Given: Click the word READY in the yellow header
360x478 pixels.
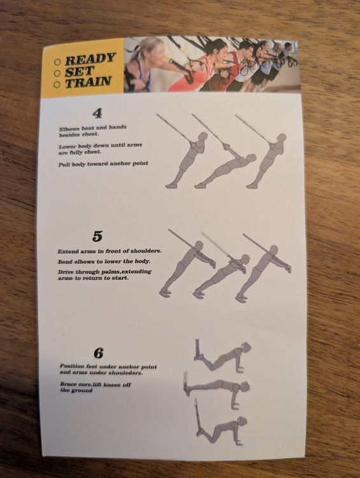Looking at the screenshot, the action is point(90,59).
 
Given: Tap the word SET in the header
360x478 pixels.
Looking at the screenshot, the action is point(79,71).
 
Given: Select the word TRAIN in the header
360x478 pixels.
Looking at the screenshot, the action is point(88,82).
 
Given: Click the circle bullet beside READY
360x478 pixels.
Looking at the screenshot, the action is point(57,62).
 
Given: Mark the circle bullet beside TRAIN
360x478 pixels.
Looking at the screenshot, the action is point(57,85).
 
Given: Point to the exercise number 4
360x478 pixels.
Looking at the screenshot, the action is point(97,113).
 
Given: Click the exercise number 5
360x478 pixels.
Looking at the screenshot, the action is point(97,236).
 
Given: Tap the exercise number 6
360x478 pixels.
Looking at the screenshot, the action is point(99,353).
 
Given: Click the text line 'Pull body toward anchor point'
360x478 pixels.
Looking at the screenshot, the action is point(103,164).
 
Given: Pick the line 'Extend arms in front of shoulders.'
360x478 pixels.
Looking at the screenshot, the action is point(110,251).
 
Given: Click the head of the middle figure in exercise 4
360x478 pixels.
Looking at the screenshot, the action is point(251,159).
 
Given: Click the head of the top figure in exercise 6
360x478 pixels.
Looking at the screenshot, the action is point(246,347).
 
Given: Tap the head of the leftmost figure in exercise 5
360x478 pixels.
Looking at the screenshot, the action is point(198,246).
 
